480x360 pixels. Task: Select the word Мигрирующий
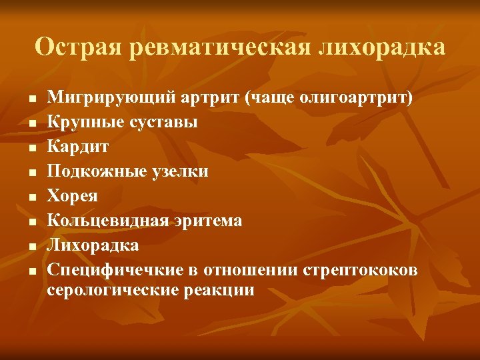pyautogui.click(x=109, y=97)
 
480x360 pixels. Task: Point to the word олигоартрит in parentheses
pyautogui.click(x=355, y=97)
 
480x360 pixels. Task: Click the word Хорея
pyautogui.click(x=72, y=196)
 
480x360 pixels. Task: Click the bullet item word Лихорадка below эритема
pyautogui.click(x=93, y=245)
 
